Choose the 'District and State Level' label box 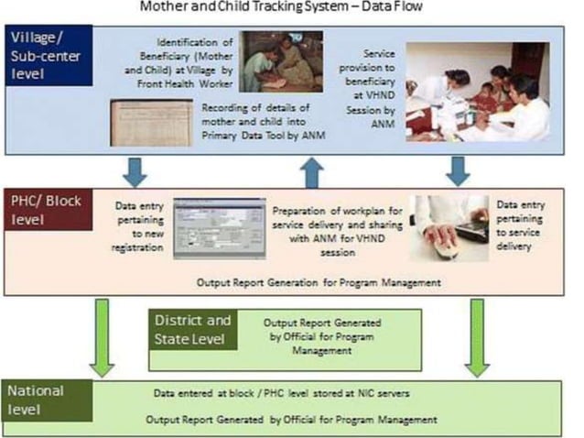[x=191, y=331]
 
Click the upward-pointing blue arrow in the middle [x=314, y=169]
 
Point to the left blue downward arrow [x=135, y=168]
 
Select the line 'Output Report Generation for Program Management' [x=318, y=282]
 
